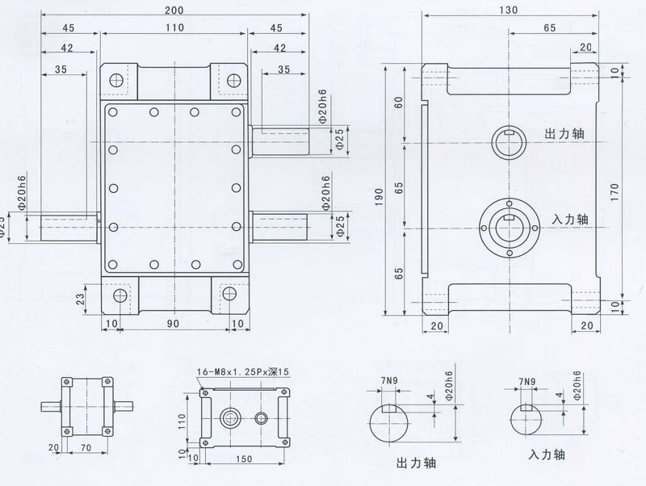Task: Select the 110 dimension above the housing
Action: point(174,28)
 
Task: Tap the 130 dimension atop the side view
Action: point(510,10)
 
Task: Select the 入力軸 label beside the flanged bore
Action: point(569,219)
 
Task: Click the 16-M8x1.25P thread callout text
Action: point(241,372)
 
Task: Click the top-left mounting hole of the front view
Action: point(115,80)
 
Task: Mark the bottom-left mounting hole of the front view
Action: point(120,295)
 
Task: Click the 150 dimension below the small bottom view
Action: point(241,460)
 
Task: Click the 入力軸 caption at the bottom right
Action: point(546,455)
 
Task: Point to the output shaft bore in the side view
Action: point(509,141)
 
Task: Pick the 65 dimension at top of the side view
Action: point(549,28)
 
